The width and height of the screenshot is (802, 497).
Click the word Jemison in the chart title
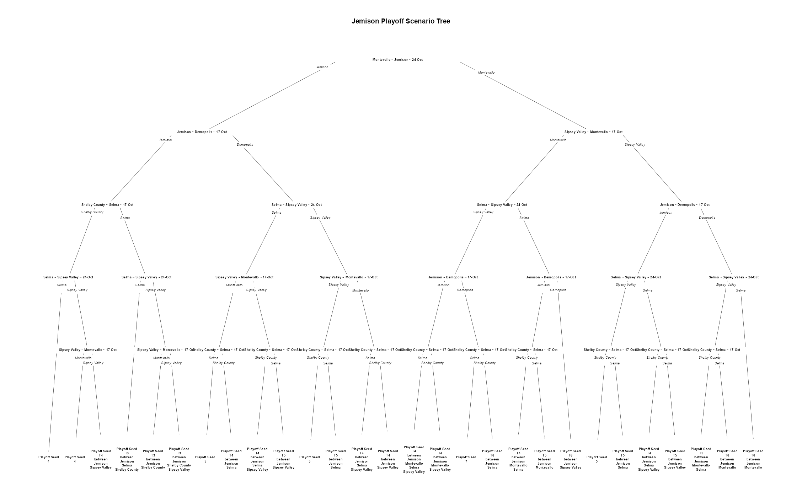[365, 21]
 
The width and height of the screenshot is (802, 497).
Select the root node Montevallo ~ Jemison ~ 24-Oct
[397, 60]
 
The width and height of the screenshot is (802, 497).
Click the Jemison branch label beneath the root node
[322, 67]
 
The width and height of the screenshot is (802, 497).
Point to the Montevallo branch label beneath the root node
[486, 73]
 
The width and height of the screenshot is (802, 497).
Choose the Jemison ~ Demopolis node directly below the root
[202, 132]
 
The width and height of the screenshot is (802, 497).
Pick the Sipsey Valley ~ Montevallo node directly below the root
[593, 132]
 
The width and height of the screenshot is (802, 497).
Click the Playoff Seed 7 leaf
[466, 459]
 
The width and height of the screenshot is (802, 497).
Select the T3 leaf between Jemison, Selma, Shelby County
[127, 459]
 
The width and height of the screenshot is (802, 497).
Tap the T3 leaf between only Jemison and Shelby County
[153, 459]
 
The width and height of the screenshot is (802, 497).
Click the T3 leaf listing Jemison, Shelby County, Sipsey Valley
[179, 459]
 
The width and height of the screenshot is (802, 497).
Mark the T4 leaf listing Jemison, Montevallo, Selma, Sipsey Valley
[414, 459]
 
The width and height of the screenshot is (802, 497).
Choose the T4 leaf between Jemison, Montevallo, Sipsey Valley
[440, 459]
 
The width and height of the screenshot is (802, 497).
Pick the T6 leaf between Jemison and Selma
[492, 459]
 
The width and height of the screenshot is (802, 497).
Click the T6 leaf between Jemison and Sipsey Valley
[571, 459]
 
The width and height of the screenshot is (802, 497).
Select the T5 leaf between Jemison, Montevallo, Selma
[701, 459]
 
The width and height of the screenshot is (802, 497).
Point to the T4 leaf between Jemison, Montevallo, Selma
[518, 459]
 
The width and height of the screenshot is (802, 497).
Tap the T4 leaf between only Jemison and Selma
[231, 459]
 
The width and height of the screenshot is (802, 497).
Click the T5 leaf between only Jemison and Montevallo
[545, 459]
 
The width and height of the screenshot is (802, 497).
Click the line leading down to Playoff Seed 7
[471, 402]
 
